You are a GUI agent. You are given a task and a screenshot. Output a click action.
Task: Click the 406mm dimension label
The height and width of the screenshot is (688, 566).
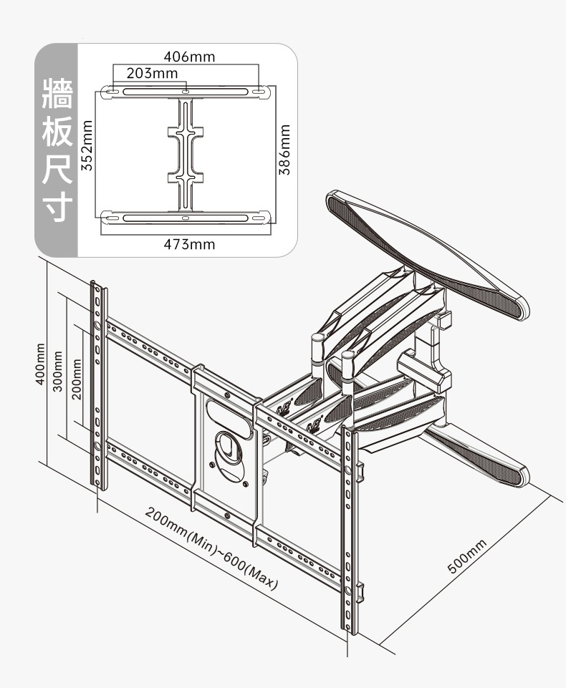click(189, 57)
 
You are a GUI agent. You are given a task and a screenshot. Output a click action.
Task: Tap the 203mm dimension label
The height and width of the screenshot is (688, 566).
click(153, 73)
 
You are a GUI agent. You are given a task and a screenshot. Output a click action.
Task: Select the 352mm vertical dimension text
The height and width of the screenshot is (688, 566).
click(88, 145)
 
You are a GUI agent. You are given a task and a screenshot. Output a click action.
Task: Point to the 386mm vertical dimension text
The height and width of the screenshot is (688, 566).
click(285, 150)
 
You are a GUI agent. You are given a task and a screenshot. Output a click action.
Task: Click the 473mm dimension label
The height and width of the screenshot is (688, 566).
click(189, 244)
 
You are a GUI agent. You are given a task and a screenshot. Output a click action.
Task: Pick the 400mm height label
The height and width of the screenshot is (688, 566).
click(41, 364)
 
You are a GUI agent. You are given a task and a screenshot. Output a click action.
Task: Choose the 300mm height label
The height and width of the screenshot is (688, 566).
click(58, 371)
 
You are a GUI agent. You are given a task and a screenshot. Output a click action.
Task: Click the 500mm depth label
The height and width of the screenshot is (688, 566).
click(466, 556)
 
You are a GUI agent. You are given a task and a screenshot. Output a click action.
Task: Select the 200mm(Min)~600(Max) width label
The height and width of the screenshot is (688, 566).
click(211, 549)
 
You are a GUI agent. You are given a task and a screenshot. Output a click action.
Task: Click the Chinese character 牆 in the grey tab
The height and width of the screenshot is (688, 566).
click(57, 94)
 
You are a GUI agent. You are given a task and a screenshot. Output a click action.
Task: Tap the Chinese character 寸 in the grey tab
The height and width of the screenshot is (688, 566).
click(57, 207)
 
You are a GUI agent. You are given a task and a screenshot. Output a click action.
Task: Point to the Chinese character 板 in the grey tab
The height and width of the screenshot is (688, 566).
click(57, 132)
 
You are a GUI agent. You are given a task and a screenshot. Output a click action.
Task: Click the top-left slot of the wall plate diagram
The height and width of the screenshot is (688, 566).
click(110, 92)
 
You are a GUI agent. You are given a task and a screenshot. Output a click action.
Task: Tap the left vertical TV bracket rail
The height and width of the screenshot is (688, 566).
click(99, 385)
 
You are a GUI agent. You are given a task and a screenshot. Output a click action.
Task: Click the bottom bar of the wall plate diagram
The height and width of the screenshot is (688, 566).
click(186, 218)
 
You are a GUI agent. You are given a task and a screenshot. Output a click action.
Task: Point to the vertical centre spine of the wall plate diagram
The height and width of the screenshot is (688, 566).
click(186, 154)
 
